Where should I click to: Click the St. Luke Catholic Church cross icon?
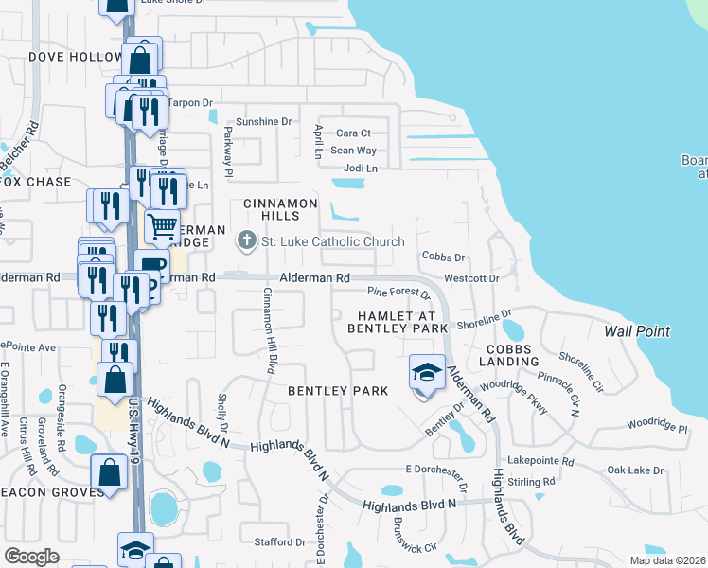point(247,240)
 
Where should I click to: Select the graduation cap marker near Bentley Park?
point(427,372)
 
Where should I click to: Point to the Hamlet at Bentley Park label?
point(397,322)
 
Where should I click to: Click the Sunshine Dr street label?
point(264,122)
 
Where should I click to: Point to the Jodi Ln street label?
point(361,168)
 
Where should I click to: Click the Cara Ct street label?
point(353,133)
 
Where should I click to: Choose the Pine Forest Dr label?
point(399,294)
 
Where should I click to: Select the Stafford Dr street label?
point(280,542)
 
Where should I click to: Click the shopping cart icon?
point(162,227)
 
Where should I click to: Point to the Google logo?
point(31,557)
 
